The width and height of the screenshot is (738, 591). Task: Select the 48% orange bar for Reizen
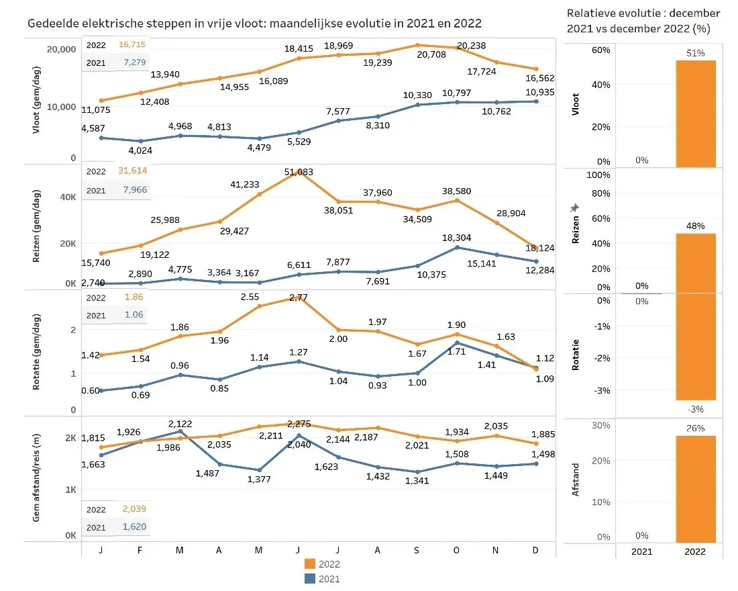coord(696,263)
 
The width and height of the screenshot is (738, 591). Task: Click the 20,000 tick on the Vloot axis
coord(60,50)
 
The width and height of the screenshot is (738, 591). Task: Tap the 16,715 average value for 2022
coord(131,44)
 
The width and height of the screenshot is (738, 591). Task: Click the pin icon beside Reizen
coord(574,209)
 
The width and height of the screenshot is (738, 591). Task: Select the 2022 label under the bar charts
coord(696,551)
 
